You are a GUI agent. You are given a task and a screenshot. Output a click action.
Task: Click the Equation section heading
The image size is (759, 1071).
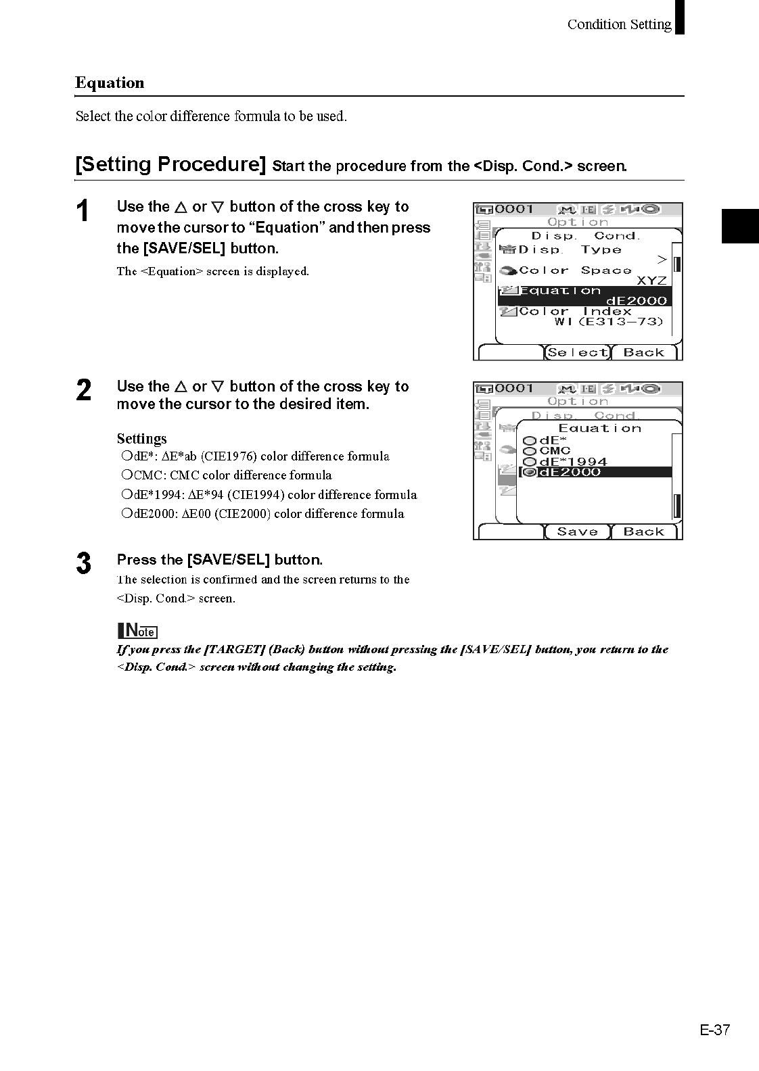tap(110, 83)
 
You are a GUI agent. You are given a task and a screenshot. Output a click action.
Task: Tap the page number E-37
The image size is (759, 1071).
tap(715, 1030)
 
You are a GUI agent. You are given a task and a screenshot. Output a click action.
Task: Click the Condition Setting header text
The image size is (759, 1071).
tap(619, 24)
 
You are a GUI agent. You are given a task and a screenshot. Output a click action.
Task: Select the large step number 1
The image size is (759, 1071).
tap(83, 212)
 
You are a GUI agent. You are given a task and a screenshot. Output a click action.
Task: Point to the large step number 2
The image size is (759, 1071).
tap(83, 391)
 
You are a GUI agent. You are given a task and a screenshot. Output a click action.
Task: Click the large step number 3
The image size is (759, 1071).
tap(83, 563)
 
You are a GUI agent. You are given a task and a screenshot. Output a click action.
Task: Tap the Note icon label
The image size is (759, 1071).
tap(137, 631)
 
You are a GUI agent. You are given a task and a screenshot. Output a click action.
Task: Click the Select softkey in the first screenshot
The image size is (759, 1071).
tap(578, 352)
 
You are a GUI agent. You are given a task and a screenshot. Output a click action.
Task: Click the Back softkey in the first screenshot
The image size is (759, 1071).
tap(643, 352)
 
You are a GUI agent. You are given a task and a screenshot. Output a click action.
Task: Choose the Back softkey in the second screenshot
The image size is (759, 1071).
tap(643, 531)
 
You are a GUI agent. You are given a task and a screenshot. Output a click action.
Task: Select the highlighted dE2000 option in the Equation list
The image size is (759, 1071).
tap(569, 472)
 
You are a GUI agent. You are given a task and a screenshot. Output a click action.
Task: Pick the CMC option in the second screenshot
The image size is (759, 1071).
tap(555, 450)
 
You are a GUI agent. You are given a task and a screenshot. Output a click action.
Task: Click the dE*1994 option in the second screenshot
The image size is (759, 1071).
tap(572, 462)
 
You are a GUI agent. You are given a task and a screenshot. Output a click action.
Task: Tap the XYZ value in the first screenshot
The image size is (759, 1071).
tap(651, 281)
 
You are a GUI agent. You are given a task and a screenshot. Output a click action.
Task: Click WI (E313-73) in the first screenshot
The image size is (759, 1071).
tap(609, 322)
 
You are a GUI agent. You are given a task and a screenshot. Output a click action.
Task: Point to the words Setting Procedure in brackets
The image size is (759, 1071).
tap(170, 164)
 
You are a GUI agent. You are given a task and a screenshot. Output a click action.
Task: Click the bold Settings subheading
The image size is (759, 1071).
tap(141, 438)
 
